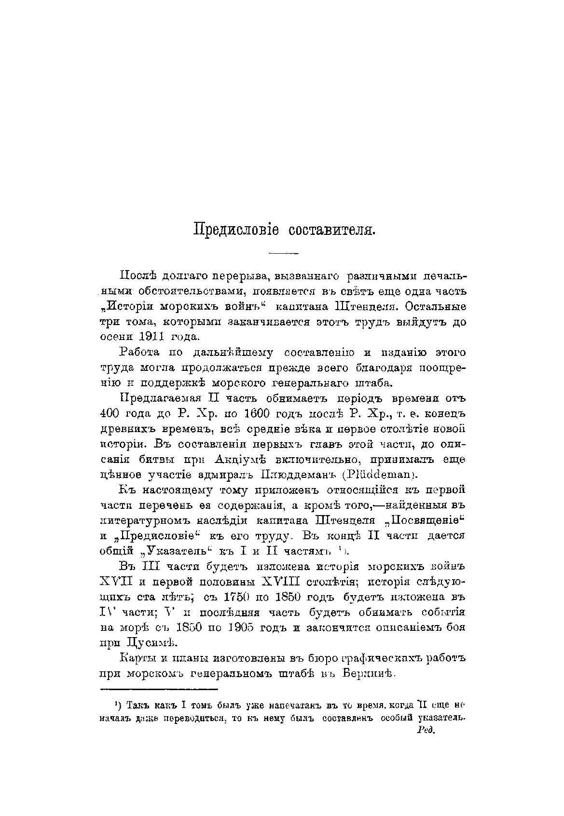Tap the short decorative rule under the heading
pos(284,253)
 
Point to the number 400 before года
pos(110,414)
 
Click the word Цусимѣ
pos(145,643)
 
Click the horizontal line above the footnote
pos(160,690)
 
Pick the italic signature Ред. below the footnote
pos(425,730)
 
